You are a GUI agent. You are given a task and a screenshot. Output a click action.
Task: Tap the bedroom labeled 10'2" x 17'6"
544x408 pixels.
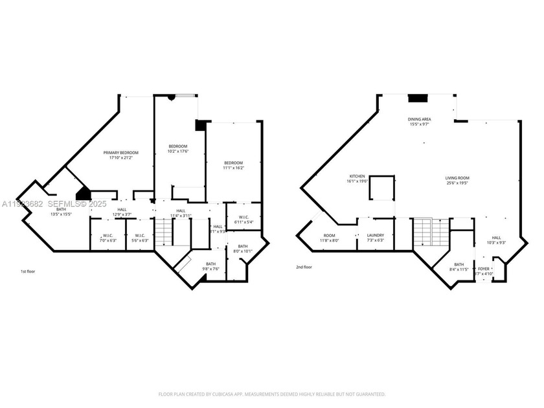tap(177, 148)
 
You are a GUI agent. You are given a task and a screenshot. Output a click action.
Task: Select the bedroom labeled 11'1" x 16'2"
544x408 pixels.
tap(233, 164)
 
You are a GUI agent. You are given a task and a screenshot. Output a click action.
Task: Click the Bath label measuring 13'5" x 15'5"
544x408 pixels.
tap(61, 211)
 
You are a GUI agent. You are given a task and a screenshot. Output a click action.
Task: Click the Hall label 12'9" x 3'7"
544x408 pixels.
tap(122, 212)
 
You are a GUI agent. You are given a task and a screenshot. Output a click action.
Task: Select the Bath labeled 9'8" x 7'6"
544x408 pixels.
tap(210, 266)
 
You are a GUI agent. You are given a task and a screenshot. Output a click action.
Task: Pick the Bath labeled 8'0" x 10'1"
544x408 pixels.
tap(242, 248)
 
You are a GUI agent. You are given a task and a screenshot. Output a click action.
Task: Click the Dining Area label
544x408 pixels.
tap(419, 122)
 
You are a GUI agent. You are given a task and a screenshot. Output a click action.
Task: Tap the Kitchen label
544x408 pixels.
tap(357, 179)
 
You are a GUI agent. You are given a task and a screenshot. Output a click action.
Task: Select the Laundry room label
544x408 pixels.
tap(375, 238)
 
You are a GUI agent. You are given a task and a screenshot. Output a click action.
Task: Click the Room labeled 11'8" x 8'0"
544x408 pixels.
tap(330, 238)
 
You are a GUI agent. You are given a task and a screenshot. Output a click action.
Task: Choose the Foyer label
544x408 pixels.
tap(483, 270)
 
